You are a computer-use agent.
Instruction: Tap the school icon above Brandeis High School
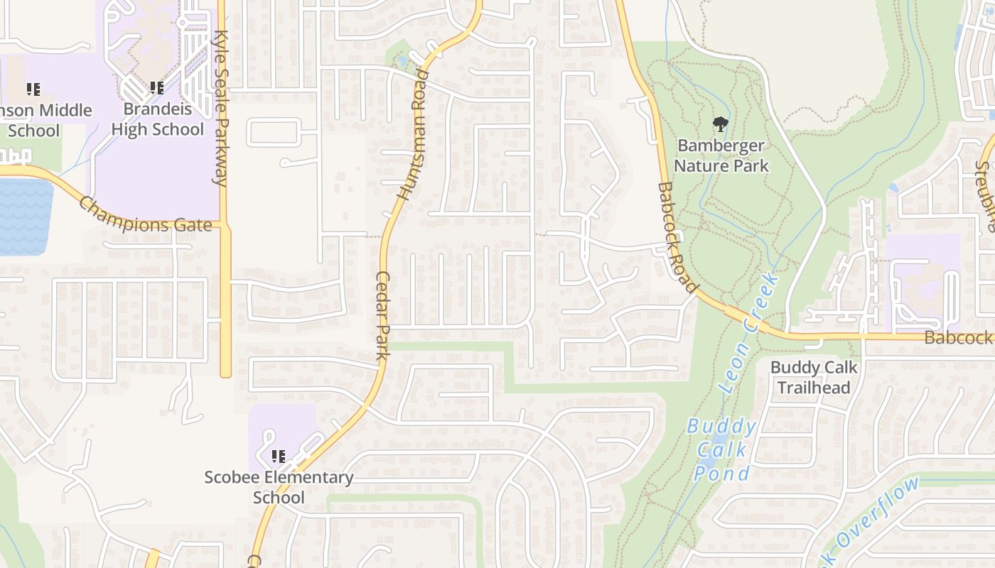pos(157,88)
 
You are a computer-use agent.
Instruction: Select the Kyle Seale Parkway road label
pos(222,106)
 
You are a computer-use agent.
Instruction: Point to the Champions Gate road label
pos(145,216)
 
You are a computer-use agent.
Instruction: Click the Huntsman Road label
pos(414,135)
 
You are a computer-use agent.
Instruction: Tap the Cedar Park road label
pos(382,315)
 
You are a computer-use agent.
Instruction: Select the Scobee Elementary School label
pos(279,487)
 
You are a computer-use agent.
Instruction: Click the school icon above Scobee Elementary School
pos(279,456)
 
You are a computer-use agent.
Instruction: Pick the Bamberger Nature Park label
pos(721,155)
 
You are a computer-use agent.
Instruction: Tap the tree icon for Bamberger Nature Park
pos(721,125)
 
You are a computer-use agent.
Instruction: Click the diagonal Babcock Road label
pos(675,237)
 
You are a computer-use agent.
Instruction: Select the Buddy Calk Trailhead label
pos(814,377)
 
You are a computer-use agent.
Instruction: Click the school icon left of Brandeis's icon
pos(33,89)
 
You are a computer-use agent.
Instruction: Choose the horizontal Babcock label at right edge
pos(958,338)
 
